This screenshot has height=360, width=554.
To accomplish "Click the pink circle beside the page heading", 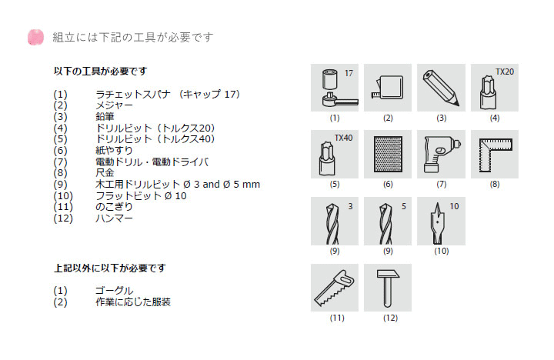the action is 35,37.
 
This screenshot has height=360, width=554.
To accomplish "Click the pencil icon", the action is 441,88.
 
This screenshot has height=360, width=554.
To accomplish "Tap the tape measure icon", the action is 388,88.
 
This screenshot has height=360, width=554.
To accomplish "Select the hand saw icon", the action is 334,288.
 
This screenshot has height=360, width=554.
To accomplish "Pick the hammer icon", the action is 388,288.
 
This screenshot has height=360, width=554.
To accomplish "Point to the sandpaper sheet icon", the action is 388,154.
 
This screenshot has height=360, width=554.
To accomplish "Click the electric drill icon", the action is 442,154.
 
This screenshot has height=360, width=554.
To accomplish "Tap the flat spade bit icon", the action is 437,223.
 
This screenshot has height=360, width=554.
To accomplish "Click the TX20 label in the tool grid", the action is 505,72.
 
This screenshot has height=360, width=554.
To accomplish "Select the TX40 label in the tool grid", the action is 343,138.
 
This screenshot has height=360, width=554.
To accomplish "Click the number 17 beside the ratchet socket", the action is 349,73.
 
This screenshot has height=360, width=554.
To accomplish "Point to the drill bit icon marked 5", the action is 385,223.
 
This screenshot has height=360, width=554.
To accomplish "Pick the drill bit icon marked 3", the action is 332,223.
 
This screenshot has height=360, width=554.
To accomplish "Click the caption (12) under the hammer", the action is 390,318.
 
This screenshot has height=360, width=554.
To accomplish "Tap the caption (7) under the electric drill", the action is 442,184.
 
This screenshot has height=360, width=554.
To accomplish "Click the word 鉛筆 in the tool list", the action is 105,117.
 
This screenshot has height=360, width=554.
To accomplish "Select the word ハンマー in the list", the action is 114,218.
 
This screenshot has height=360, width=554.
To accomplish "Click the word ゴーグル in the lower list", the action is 114,291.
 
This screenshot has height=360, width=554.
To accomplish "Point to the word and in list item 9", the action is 212,185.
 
